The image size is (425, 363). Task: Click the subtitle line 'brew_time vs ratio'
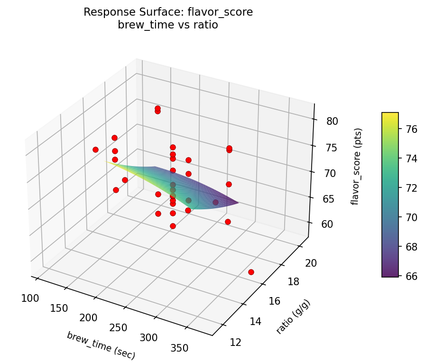(168, 25)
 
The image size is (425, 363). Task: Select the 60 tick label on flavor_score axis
(327, 224)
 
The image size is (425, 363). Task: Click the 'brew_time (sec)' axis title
(101, 345)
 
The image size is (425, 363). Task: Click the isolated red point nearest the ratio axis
(251, 272)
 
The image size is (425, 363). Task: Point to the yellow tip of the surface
(108, 162)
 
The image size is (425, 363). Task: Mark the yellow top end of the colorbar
(390, 115)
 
